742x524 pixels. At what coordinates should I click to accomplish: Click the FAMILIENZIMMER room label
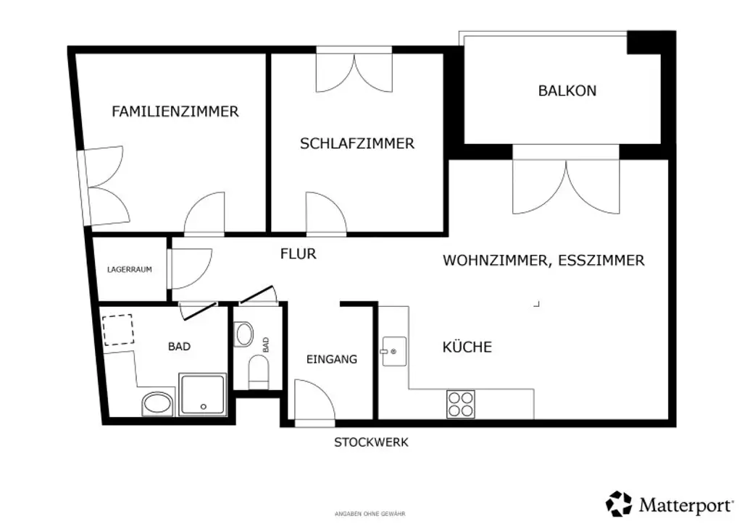175,111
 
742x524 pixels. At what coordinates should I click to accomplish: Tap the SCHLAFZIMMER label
357,143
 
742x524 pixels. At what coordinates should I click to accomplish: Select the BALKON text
567,90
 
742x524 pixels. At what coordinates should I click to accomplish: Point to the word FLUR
298,254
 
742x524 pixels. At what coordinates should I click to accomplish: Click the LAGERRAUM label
129,269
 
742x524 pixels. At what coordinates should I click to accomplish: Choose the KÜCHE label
467,347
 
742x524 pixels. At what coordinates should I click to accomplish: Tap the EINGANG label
331,359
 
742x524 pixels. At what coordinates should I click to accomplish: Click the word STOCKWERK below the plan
370,442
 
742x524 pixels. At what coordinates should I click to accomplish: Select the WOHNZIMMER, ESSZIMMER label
543,261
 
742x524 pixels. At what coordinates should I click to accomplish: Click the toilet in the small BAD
258,371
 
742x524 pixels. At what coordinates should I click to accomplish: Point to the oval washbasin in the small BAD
245,334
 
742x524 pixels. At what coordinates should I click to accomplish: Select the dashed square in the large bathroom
119,329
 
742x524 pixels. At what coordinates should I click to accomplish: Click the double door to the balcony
566,186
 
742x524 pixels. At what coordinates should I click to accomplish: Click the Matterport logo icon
620,503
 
